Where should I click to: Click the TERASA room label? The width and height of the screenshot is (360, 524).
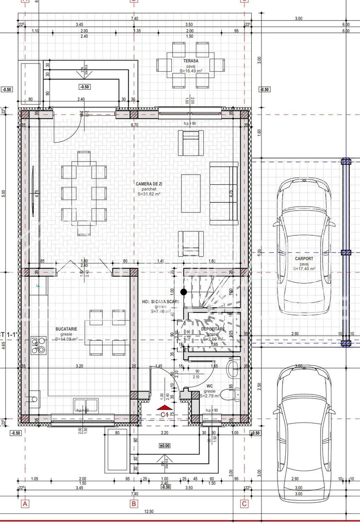click(x=190, y=61)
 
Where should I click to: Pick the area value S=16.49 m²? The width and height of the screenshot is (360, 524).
click(x=190, y=71)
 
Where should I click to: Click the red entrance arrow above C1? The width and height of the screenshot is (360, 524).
click(x=164, y=408)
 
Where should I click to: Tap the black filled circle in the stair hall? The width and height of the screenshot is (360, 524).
click(x=183, y=292)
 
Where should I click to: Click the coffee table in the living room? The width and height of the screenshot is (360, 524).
click(x=191, y=193)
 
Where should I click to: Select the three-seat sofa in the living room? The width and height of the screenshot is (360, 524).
click(x=224, y=193)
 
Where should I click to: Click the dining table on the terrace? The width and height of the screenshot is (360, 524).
click(x=190, y=65)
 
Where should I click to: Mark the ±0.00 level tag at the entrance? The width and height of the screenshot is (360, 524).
click(x=165, y=445)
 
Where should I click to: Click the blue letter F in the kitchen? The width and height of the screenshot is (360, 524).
click(x=38, y=285)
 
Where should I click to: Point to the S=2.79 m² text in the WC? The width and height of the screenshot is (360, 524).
click(x=210, y=396)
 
